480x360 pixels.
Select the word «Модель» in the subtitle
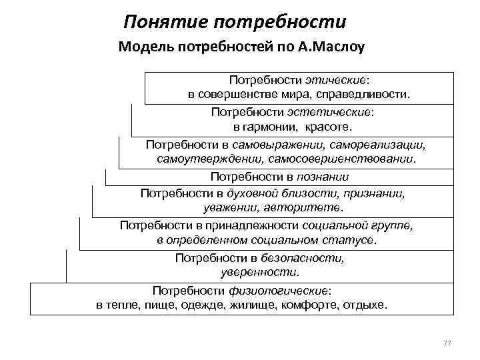pyautogui.click(x=143, y=47)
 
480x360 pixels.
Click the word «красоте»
pyautogui.click(x=329, y=127)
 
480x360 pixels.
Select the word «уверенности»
pyautogui.click(x=260, y=272)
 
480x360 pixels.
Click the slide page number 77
pyautogui.click(x=447, y=343)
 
